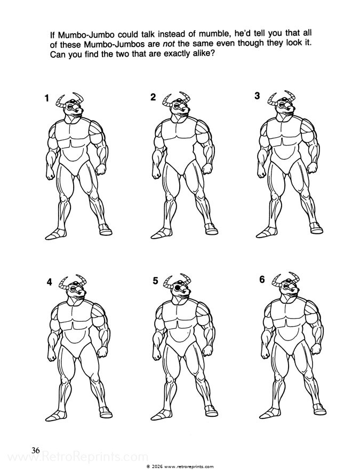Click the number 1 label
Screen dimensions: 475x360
click(47, 98)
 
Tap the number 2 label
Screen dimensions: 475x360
click(153, 97)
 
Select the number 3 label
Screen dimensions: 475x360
click(257, 96)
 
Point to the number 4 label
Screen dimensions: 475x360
click(49, 283)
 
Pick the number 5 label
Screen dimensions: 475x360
click(156, 281)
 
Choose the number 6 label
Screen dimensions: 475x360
click(261, 280)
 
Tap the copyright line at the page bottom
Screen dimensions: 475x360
click(180, 466)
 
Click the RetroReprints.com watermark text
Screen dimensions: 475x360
click(75, 458)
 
